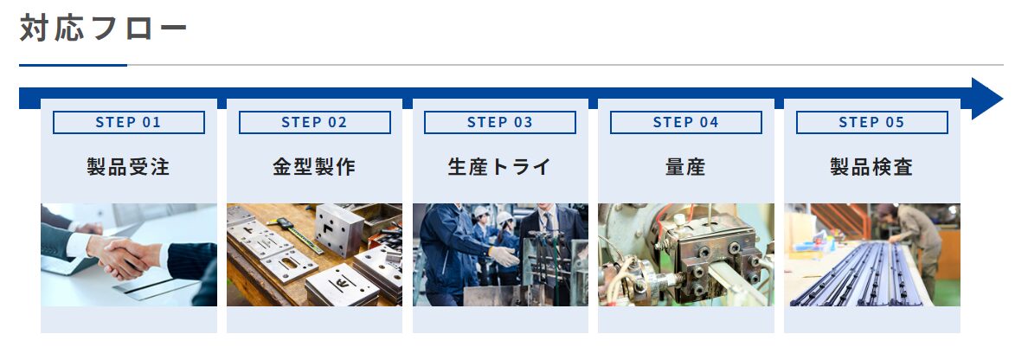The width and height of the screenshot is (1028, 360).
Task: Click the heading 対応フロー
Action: [103, 29]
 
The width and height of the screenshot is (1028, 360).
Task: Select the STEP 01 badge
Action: [129, 122]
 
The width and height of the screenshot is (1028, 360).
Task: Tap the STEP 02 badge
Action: [314, 122]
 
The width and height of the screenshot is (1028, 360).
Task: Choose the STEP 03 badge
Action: [500, 122]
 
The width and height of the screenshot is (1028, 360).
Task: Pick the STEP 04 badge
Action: [686, 122]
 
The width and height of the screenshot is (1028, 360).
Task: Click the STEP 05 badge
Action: [871, 122]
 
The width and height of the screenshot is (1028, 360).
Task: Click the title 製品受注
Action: [129, 167]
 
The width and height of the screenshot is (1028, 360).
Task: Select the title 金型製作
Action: [314, 167]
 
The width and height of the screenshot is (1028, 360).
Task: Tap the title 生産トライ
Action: [500, 167]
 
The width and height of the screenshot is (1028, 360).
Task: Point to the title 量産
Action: [686, 167]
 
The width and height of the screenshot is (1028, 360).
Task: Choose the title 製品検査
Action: [871, 167]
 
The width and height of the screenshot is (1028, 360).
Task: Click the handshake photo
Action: [129, 254]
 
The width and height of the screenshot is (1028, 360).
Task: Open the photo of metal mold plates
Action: [314, 254]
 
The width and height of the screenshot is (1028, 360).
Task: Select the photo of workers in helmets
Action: [500, 254]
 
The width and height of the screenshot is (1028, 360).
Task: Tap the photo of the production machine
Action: [686, 254]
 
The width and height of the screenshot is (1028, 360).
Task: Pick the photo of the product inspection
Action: [871, 254]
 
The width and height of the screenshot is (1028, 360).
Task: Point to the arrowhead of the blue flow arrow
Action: [986, 99]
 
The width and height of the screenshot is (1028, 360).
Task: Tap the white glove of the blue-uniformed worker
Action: [504, 255]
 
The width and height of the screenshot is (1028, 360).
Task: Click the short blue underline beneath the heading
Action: [73, 65]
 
